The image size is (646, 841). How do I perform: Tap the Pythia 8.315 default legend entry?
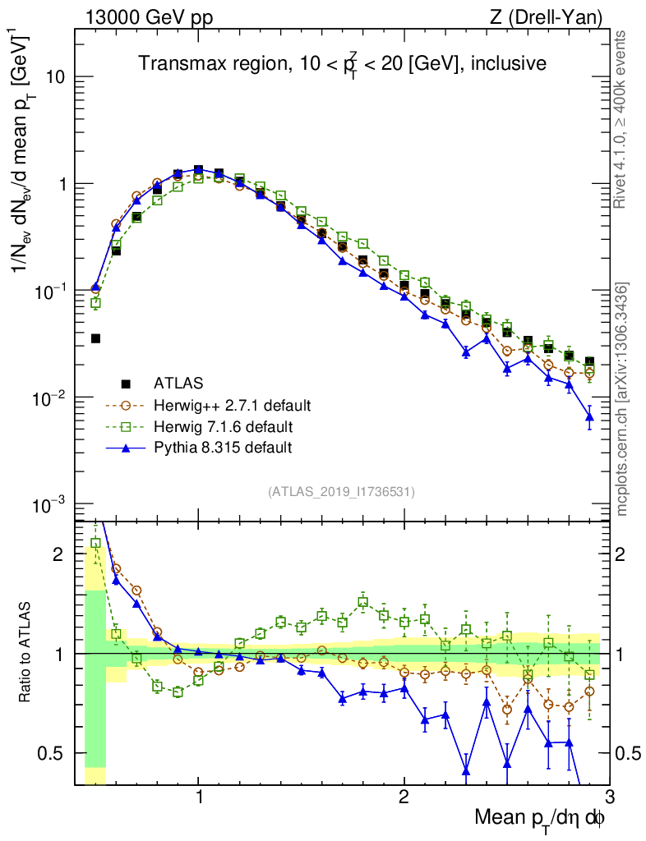tap(222, 448)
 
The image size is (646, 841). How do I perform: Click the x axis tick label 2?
tap(404, 798)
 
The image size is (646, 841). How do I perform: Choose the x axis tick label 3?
tap(608, 798)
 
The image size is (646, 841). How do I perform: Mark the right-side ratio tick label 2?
tap(627, 554)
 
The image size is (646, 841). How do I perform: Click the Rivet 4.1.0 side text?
tap(624, 119)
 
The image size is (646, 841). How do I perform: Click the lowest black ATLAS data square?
tap(95, 338)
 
